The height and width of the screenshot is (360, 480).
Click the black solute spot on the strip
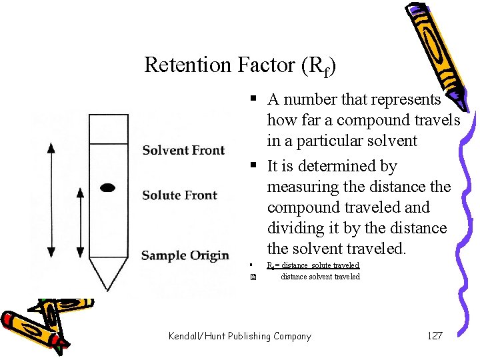(x=107, y=188)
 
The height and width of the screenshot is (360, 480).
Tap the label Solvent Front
(x=183, y=150)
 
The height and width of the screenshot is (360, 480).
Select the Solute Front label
(x=179, y=195)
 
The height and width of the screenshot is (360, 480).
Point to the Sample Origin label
(x=185, y=255)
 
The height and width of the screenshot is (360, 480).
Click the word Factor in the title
(x=265, y=65)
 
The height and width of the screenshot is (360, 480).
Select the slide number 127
(x=434, y=336)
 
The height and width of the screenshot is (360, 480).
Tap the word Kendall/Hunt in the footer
(x=197, y=336)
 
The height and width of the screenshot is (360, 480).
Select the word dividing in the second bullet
(x=299, y=229)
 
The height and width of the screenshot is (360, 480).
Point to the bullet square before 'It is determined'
(x=254, y=165)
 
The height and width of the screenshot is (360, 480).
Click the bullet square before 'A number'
(x=254, y=99)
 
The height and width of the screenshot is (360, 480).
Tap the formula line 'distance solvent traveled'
(x=319, y=277)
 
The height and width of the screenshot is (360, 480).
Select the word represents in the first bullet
(x=409, y=100)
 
